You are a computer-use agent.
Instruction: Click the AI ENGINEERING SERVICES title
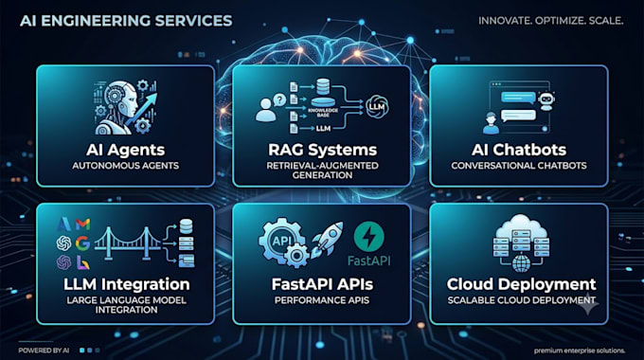pos(126,21)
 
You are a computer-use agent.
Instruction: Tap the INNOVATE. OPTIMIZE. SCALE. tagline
pos(551,21)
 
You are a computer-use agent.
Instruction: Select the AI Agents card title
pos(126,150)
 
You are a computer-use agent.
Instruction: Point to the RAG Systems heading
pos(322,150)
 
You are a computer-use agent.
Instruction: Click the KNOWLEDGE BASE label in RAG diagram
pos(323,112)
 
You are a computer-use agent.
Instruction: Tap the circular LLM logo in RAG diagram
pos(377,107)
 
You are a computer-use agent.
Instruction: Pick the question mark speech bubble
pos(279,99)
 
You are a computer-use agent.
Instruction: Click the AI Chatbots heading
pos(519,150)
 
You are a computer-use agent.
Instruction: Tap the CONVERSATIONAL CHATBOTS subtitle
pos(519,166)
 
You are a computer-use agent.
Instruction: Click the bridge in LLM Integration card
pos(128,243)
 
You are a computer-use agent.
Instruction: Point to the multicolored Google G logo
pos(82,243)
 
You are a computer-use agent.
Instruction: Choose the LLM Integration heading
pos(127,284)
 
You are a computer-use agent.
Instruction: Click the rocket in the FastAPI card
pos(327,240)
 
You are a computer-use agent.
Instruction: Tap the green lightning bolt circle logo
pos(368,236)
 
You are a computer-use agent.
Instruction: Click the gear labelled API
pos(281,241)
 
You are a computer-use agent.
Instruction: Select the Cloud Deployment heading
pos(521,284)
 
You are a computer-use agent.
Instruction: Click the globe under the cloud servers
pos(521,263)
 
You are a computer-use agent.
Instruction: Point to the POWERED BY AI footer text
pos(44,351)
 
